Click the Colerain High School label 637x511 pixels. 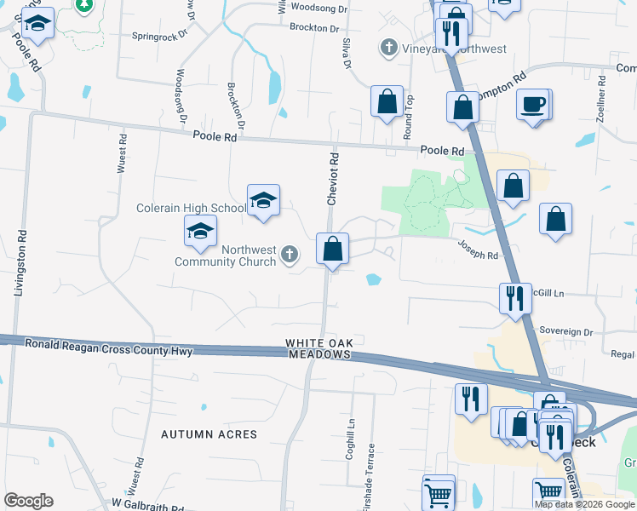point(191,208)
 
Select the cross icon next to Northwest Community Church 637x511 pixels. point(290,253)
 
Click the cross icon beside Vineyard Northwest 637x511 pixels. point(388,48)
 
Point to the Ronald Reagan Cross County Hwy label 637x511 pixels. point(109,347)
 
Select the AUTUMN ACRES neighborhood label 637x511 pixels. point(209,434)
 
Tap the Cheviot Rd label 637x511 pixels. point(334,178)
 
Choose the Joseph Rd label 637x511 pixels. point(478,249)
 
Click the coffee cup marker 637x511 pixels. point(533,105)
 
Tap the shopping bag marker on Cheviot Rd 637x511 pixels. point(332,250)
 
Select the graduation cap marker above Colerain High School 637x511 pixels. point(263,201)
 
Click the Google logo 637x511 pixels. point(28,501)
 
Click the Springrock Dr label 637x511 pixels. point(159,37)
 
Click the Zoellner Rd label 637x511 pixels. point(601,99)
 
